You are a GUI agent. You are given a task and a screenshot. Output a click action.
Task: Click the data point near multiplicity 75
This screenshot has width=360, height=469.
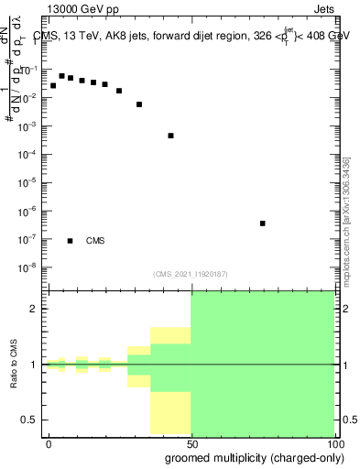(263, 223)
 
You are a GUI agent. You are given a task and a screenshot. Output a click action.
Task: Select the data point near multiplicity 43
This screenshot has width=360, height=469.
(171, 136)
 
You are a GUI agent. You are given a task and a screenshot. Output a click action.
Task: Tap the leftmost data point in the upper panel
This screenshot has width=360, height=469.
(53, 85)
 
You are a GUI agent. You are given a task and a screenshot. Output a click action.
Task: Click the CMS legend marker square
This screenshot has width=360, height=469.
(71, 241)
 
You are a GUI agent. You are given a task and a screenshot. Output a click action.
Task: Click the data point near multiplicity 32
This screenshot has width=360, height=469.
(139, 104)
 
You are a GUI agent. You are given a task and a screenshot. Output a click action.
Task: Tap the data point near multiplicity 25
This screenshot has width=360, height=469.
(119, 91)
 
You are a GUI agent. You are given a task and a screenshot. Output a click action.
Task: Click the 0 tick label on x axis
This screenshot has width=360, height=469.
(49, 442)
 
